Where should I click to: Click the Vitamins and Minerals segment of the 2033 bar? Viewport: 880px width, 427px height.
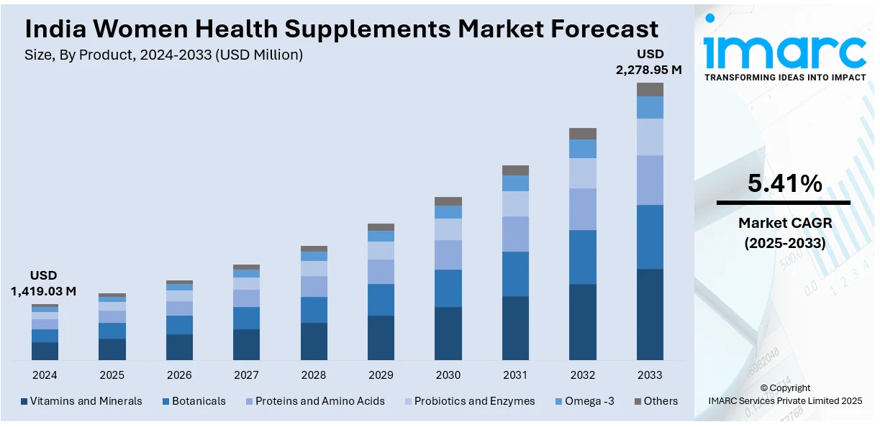click(x=650, y=314)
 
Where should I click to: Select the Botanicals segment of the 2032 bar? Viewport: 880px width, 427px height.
click(x=583, y=257)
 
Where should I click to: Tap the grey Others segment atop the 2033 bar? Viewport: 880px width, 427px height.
click(x=650, y=89)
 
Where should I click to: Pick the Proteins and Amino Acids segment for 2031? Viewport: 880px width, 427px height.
click(x=515, y=234)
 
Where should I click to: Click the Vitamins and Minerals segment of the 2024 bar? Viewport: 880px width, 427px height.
click(x=45, y=351)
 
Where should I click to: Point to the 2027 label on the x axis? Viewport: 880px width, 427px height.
click(x=246, y=375)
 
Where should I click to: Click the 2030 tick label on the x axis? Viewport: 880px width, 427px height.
click(x=448, y=375)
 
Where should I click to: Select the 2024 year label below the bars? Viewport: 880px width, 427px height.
click(x=45, y=375)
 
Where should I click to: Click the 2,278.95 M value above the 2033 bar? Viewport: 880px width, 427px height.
click(x=648, y=70)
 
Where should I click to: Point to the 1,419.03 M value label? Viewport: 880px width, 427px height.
click(x=43, y=291)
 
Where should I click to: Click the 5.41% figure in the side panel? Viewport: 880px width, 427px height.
click(x=784, y=184)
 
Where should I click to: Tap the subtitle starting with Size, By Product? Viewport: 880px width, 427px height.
click(x=164, y=55)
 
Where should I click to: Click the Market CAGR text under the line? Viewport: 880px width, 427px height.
click(x=784, y=223)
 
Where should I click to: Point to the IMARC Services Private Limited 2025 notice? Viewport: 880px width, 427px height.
click(x=784, y=400)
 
